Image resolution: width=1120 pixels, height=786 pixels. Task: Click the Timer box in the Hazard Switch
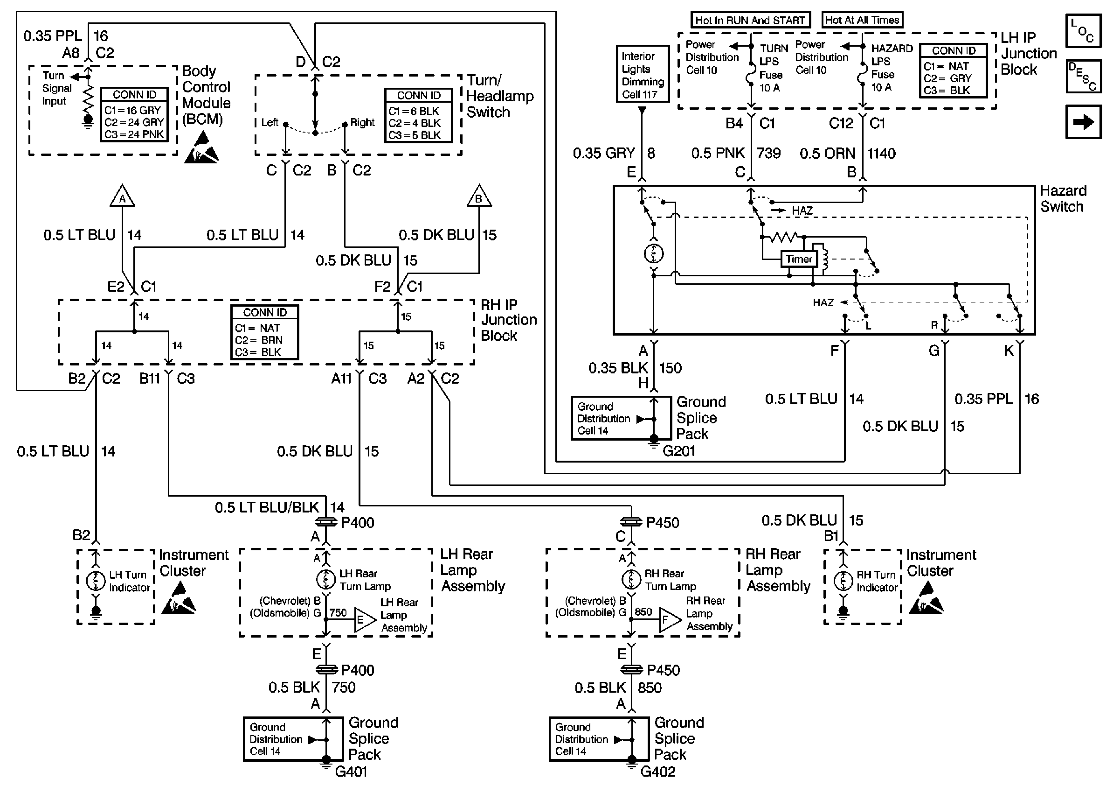[x=799, y=259]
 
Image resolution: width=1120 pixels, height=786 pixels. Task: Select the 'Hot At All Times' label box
[x=862, y=20]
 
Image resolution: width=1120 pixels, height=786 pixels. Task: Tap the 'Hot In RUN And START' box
[x=750, y=21]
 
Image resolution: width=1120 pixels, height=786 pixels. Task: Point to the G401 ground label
[x=351, y=772]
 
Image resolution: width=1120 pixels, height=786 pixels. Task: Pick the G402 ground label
[x=657, y=772]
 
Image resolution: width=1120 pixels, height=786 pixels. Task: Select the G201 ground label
[x=678, y=450]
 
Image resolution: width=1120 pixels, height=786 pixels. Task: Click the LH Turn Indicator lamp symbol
[x=96, y=581]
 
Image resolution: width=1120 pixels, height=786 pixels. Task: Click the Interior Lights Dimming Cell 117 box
[x=642, y=74]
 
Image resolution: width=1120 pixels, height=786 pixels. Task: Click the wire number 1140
[x=881, y=154]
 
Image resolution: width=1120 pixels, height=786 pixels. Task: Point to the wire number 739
[x=769, y=154]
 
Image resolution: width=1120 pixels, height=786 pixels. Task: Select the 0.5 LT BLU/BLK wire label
[x=267, y=508]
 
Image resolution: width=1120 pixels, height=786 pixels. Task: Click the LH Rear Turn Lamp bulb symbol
[x=326, y=580]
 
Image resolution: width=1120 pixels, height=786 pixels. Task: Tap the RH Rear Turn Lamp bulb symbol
[x=631, y=580]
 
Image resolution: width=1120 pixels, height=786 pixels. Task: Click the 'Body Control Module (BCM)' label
[x=206, y=95]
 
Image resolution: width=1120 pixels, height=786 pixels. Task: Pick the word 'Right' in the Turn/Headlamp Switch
[x=362, y=123]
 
